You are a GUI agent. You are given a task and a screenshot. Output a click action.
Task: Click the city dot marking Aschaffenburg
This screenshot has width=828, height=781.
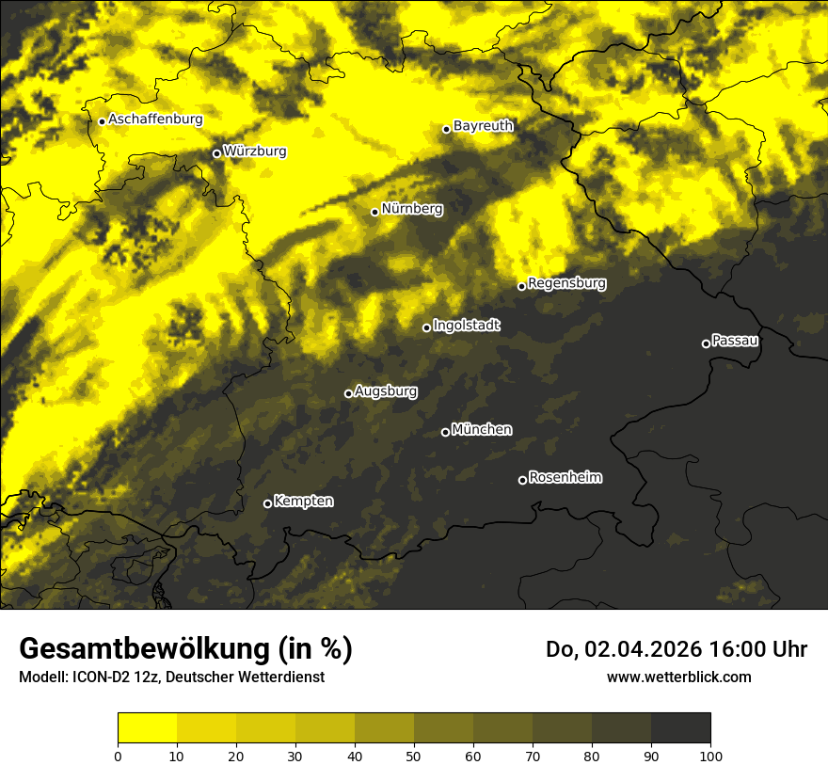click(102, 121)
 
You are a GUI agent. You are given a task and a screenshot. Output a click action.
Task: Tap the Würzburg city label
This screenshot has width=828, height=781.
click(255, 151)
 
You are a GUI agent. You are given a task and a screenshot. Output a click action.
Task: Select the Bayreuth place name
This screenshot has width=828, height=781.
click(483, 126)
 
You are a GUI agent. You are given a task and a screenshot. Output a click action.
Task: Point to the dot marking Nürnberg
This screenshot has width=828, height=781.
click(374, 212)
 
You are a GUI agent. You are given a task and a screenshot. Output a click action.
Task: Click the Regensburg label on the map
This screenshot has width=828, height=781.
click(566, 283)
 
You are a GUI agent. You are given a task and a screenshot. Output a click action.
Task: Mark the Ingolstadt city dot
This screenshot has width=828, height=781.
click(426, 327)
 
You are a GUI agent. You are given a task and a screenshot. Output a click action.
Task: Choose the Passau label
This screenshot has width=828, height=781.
click(735, 341)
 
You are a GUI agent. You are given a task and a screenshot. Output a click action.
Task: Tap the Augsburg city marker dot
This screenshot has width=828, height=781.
click(348, 393)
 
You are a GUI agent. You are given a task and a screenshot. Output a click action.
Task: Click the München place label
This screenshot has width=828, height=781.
click(482, 430)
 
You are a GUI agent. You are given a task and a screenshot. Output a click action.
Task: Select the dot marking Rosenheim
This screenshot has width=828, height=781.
click(522, 481)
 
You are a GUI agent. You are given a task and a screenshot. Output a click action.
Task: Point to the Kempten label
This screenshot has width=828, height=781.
click(303, 502)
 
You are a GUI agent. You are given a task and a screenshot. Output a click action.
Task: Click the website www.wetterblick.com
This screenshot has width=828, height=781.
click(678, 677)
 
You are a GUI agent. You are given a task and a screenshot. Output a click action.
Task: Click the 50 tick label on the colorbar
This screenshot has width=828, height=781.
click(414, 756)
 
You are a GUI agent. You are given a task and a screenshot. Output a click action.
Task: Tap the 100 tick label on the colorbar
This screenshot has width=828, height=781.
click(709, 756)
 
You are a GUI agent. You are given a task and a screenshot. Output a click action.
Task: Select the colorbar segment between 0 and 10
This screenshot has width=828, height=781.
click(148, 728)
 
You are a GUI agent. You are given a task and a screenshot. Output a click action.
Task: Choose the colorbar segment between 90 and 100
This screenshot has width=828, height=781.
click(680, 728)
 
